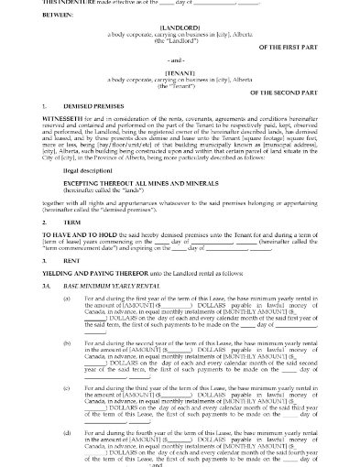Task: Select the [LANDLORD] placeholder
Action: [180, 28]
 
